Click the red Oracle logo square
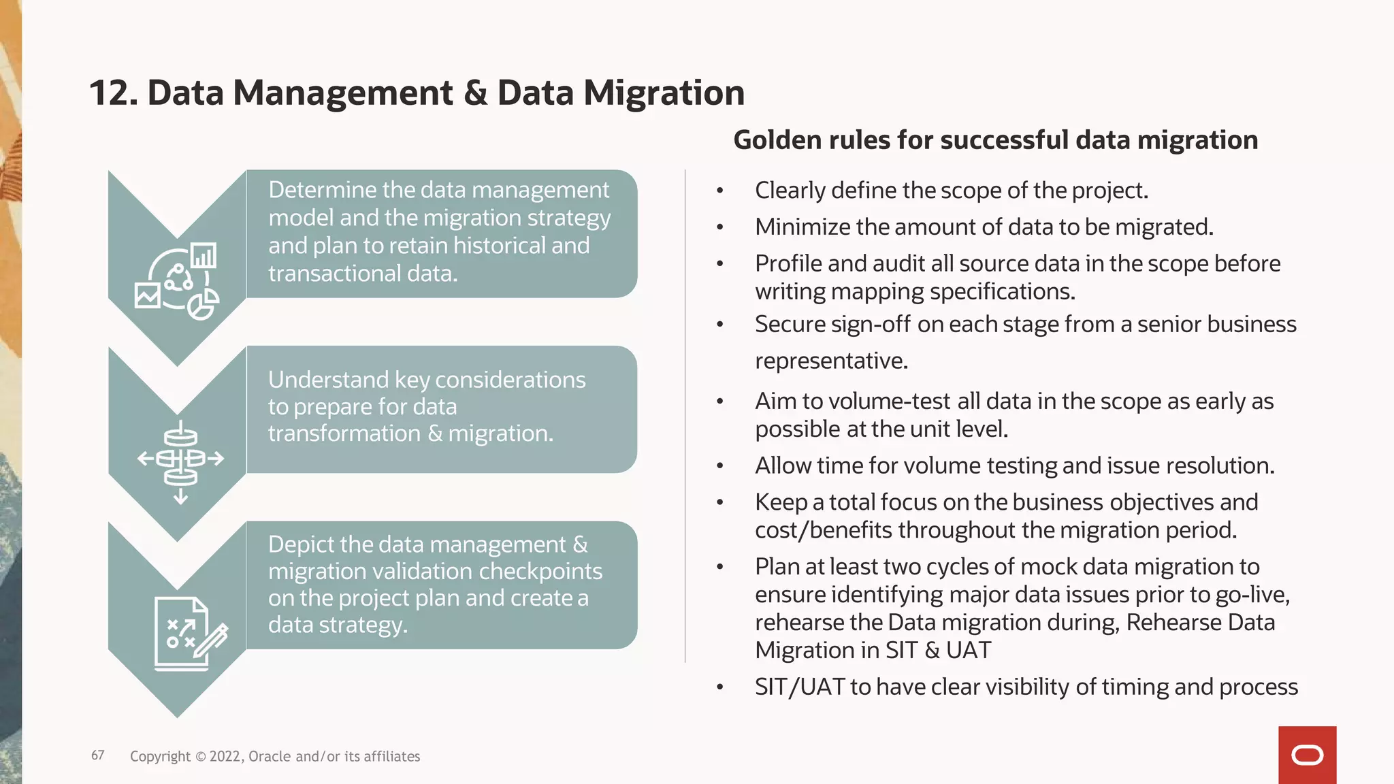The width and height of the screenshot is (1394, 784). [x=1307, y=755]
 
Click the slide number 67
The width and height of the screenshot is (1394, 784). [x=98, y=755]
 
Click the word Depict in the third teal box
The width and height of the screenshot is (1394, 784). [x=300, y=544]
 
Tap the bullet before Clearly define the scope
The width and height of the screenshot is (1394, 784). [x=719, y=191]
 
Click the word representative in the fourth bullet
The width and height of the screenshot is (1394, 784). [x=830, y=361]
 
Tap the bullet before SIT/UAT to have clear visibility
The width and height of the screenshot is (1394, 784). [x=719, y=687]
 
